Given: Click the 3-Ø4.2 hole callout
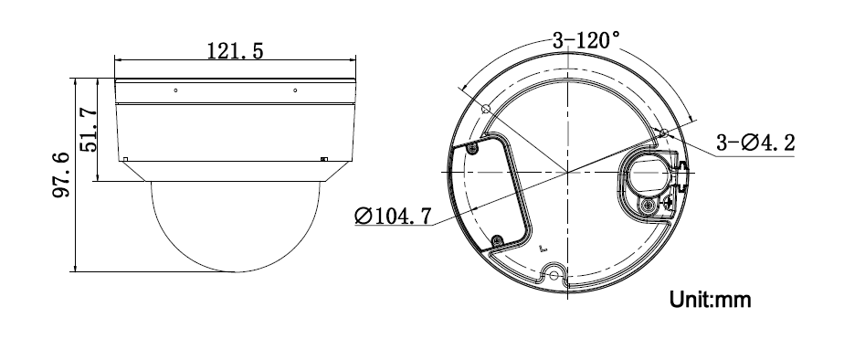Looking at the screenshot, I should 754,143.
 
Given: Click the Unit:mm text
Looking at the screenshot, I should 711,300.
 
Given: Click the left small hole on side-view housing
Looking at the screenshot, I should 175,90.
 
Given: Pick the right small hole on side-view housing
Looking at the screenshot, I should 294,90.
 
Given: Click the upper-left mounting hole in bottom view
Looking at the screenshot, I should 486,109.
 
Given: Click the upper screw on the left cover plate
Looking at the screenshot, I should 472,148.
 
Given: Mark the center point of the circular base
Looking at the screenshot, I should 567,172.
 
